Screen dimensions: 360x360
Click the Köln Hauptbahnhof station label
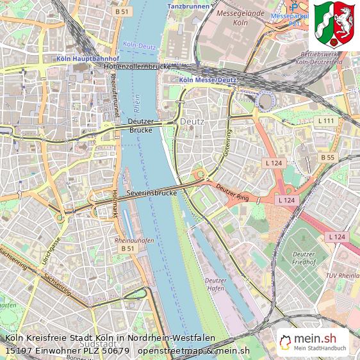click(x=84, y=58)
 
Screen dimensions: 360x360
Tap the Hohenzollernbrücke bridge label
click(x=139, y=66)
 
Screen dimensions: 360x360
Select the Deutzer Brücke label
click(x=141, y=126)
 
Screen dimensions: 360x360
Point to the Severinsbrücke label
click(x=151, y=193)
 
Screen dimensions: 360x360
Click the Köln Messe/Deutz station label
click(x=208, y=80)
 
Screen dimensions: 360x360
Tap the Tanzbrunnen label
click(x=188, y=6)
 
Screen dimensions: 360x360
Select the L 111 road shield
click(x=326, y=121)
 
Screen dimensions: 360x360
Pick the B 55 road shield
click(x=327, y=157)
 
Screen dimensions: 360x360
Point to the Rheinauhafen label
click(x=134, y=240)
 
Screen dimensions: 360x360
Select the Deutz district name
click(x=192, y=120)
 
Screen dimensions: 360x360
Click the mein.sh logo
click(x=313, y=341)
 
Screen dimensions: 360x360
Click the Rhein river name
click(x=136, y=102)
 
